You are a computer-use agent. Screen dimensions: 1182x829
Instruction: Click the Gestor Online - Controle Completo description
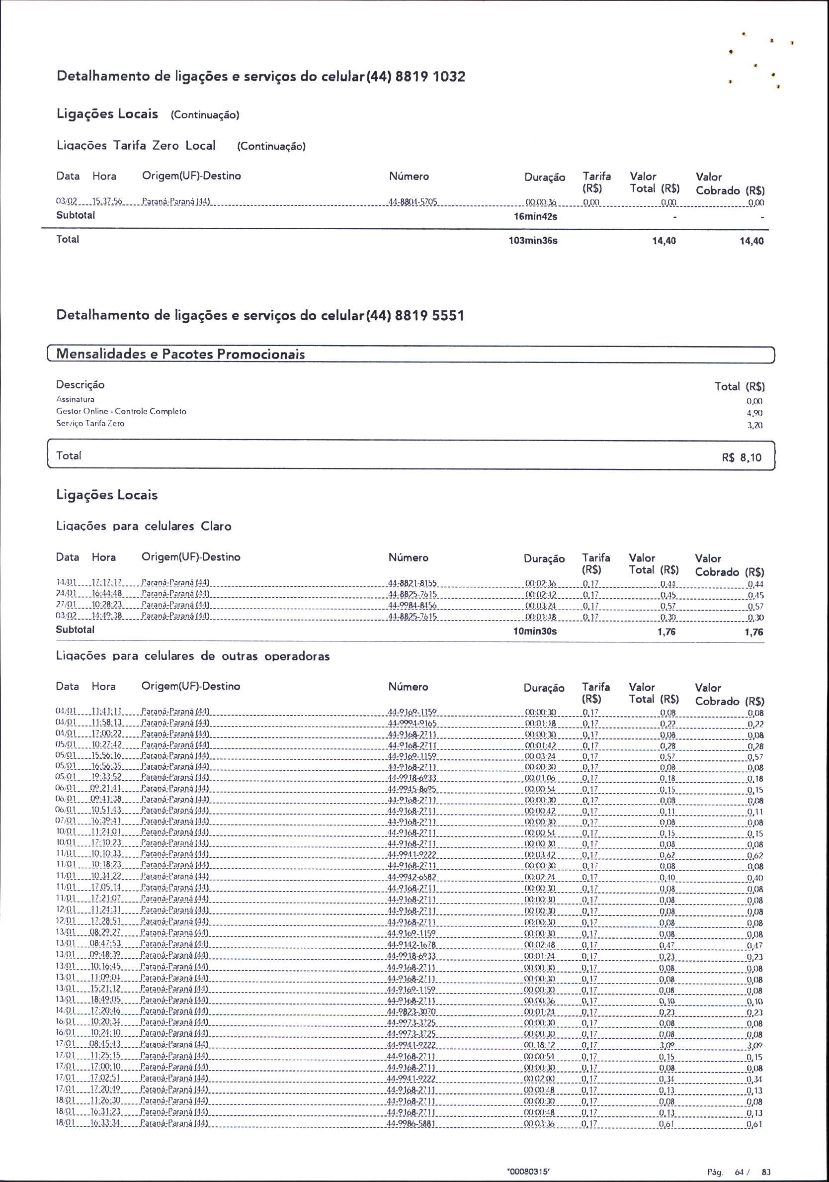coord(121,411)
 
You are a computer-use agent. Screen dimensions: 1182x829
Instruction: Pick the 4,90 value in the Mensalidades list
coord(754,413)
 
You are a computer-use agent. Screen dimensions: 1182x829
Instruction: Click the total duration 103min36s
coord(533,240)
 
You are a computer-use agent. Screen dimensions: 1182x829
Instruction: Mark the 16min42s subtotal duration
coord(535,217)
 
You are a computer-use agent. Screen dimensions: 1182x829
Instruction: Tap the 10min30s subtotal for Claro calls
coord(535,631)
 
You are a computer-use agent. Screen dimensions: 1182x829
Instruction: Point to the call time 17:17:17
coord(106,583)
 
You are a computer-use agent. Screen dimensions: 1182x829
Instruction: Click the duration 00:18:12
coord(539,1045)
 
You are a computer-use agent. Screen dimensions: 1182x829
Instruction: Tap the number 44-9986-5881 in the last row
coord(412,1124)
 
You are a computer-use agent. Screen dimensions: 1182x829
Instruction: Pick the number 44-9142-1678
coord(412,945)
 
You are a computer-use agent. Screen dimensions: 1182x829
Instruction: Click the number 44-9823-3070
coord(412,1011)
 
